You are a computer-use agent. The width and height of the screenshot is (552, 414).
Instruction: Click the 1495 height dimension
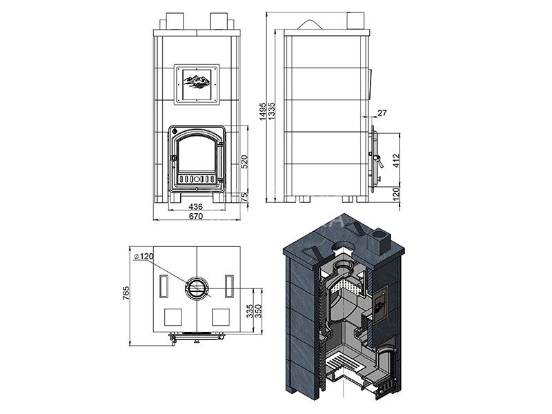click(x=263, y=112)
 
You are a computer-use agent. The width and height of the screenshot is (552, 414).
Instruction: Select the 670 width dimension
click(x=196, y=216)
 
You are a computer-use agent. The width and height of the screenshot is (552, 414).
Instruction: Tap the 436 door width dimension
click(x=196, y=206)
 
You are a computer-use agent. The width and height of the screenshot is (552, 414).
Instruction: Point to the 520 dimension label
click(x=245, y=161)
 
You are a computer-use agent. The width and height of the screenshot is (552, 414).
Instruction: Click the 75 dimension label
click(x=245, y=197)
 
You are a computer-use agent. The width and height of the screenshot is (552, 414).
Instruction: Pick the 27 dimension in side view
click(x=382, y=112)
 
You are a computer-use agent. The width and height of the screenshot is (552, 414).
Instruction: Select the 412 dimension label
click(x=396, y=161)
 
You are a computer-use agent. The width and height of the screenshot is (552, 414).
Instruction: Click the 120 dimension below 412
click(x=396, y=195)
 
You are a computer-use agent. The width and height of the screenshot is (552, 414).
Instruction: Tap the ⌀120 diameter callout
click(x=144, y=256)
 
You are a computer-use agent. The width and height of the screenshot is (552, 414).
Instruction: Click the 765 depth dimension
click(x=126, y=293)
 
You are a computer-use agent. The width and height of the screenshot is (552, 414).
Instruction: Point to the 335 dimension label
click(x=250, y=312)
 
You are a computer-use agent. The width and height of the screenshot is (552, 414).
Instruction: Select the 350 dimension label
click(x=258, y=312)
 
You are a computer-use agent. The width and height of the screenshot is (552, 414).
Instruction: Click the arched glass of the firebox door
click(x=197, y=153)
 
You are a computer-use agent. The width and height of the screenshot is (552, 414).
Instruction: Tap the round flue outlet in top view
click(x=197, y=288)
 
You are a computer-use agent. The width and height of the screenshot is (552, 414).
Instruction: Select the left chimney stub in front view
click(x=175, y=21)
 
